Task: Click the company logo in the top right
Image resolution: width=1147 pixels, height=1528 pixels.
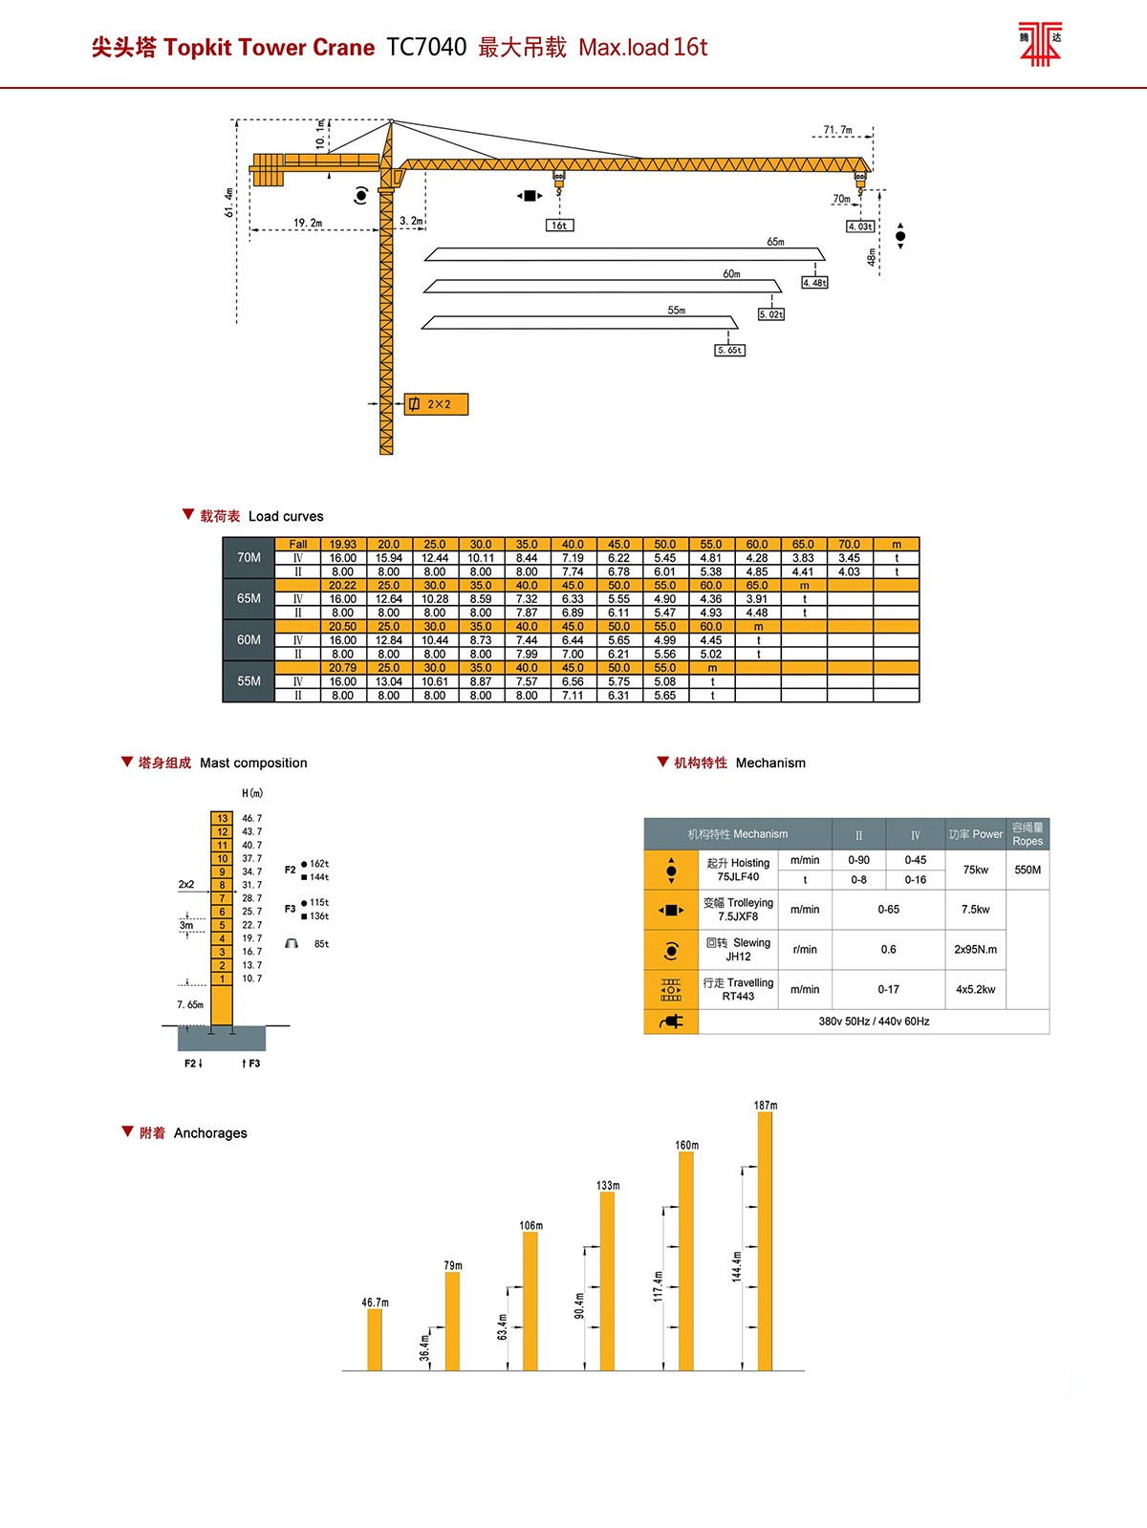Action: (x=1041, y=43)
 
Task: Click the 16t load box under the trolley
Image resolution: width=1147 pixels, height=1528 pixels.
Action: (x=559, y=226)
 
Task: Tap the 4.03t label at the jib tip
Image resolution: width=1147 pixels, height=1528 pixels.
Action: (x=860, y=226)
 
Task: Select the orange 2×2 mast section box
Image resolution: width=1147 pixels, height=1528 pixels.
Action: (x=437, y=404)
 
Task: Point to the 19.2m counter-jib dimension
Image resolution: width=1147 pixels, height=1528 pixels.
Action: (x=308, y=223)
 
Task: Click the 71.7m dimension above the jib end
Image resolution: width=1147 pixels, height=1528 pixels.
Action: (x=838, y=130)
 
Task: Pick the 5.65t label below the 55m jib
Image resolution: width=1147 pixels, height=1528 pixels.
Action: (x=730, y=350)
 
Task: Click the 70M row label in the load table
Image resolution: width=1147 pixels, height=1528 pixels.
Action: (x=249, y=558)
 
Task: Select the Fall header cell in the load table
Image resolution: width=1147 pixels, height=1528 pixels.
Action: (x=298, y=545)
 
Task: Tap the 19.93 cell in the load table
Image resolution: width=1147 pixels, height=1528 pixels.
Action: (x=342, y=545)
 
